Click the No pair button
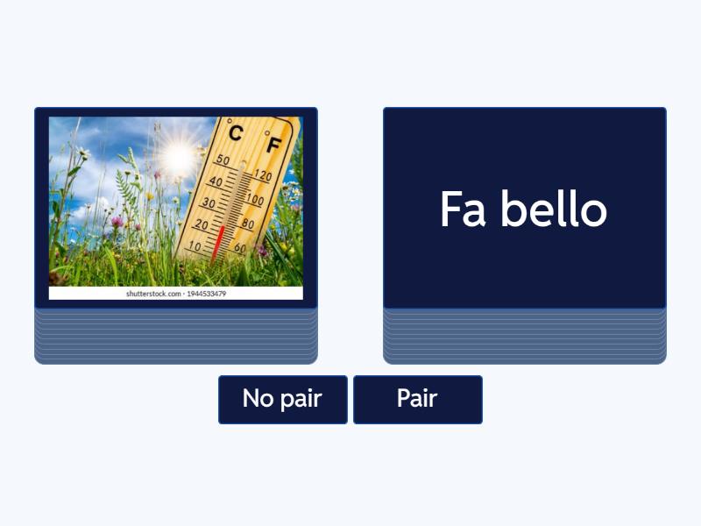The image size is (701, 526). pyautogui.click(x=282, y=400)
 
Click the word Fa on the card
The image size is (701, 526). pyautogui.click(x=463, y=209)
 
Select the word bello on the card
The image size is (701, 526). pyautogui.click(x=554, y=208)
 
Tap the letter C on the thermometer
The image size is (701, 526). pyautogui.click(x=235, y=133)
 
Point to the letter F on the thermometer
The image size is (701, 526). pyautogui.click(x=273, y=144)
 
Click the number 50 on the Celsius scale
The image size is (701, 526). pyautogui.click(x=223, y=160)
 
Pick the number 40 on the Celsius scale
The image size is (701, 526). pyautogui.click(x=216, y=181)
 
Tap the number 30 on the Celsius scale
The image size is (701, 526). pyautogui.click(x=209, y=203)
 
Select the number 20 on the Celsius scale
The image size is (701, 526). pyautogui.click(x=202, y=224)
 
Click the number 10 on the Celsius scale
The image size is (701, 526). pyautogui.click(x=195, y=245)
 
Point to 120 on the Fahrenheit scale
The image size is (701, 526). pyautogui.click(x=264, y=175)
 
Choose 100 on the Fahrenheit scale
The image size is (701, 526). pyautogui.click(x=255, y=200)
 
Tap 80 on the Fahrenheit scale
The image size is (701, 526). pyautogui.click(x=248, y=224)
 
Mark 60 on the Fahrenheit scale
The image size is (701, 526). pyautogui.click(x=240, y=247)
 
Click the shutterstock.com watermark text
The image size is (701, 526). pyautogui.click(x=153, y=294)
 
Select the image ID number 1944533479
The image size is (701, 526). pyautogui.click(x=206, y=294)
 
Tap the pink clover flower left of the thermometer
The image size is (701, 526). pyautogui.click(x=117, y=221)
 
